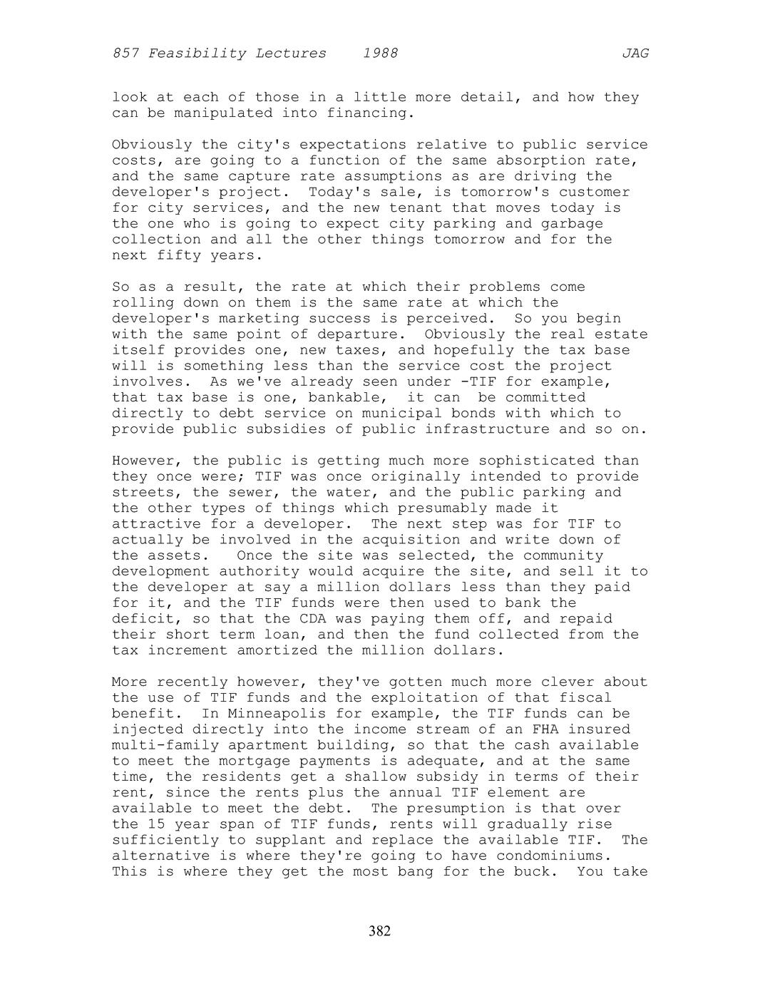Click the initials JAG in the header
635,53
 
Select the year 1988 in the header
380,53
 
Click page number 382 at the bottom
379,931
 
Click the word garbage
572,224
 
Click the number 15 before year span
156,824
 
